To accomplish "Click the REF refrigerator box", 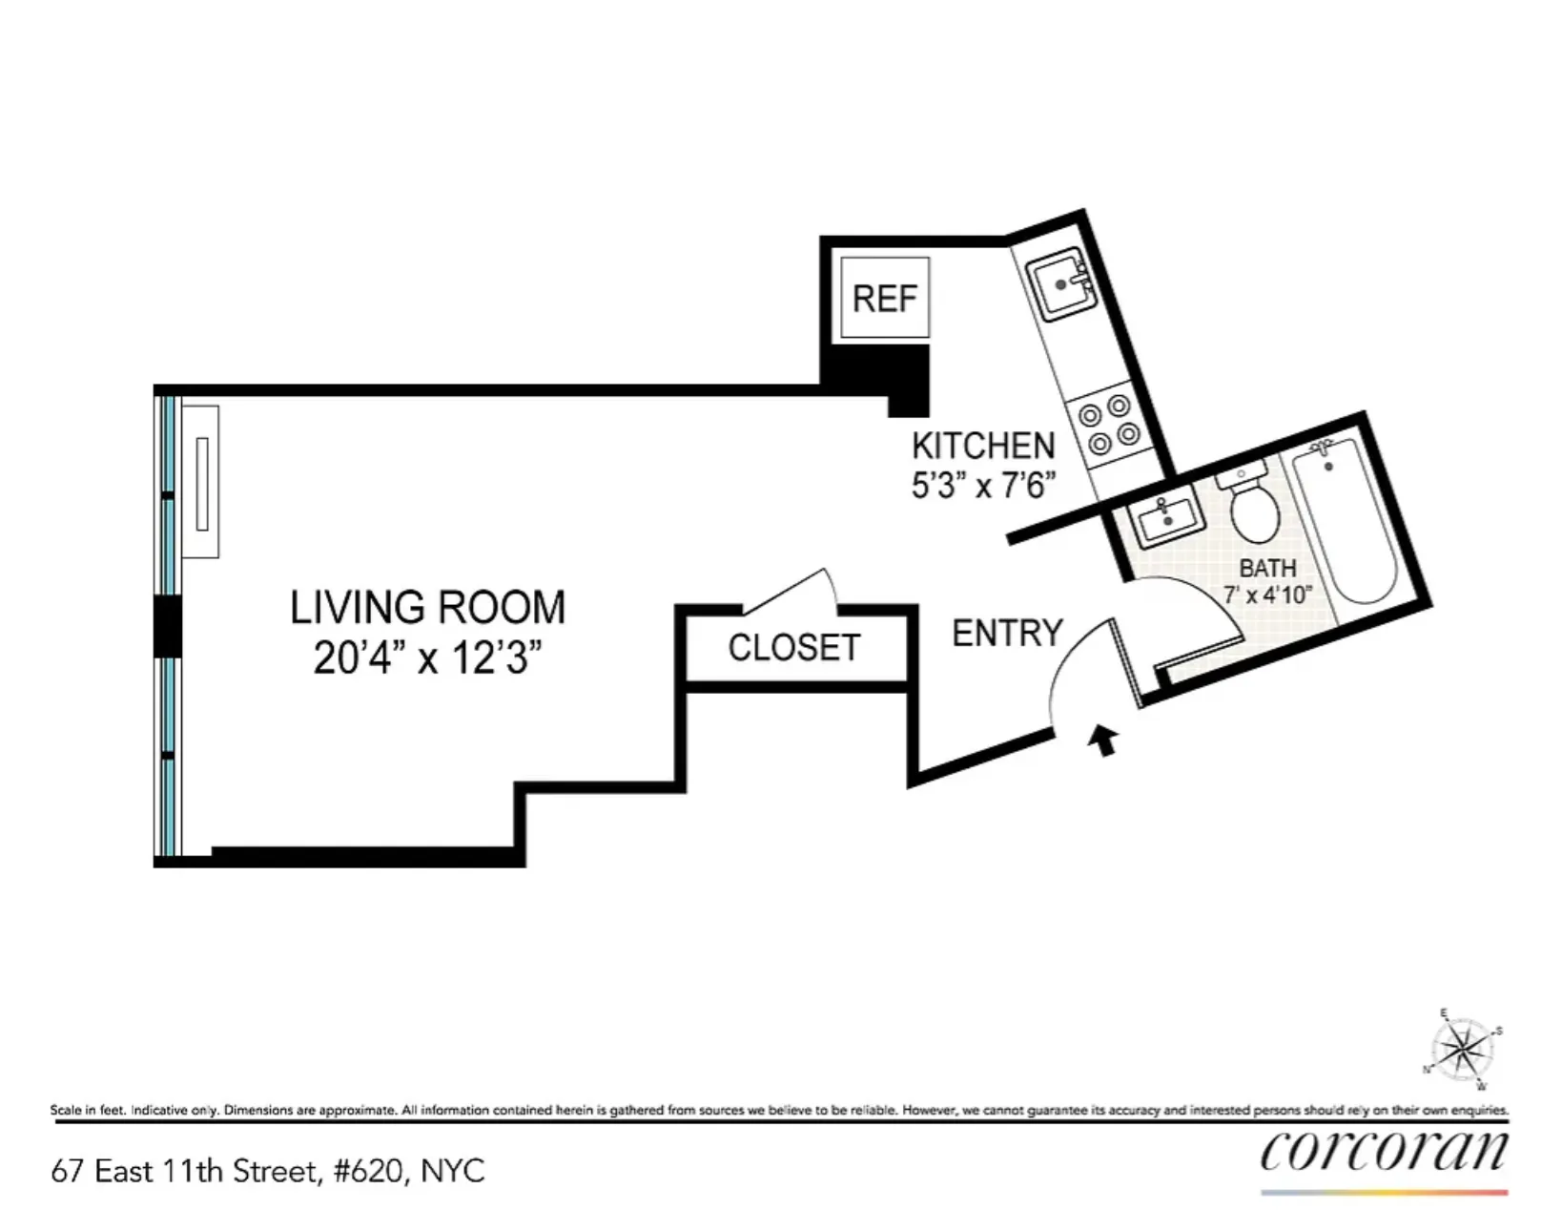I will pos(885,298).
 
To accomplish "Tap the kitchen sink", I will pos(1060,283).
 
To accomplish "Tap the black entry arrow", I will pos(1104,740).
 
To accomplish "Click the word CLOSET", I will pos(794,648).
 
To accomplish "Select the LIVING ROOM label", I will pos(427,608).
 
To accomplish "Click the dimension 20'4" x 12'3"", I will pos(427,658).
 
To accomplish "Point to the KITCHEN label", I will pos(983,446).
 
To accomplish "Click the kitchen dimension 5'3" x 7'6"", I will pos(983,486).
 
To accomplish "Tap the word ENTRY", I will pos(1007,634).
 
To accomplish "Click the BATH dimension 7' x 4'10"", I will pos(1267,595).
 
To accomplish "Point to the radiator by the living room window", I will pos(201,482).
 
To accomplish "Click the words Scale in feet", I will pos(87,1110).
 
